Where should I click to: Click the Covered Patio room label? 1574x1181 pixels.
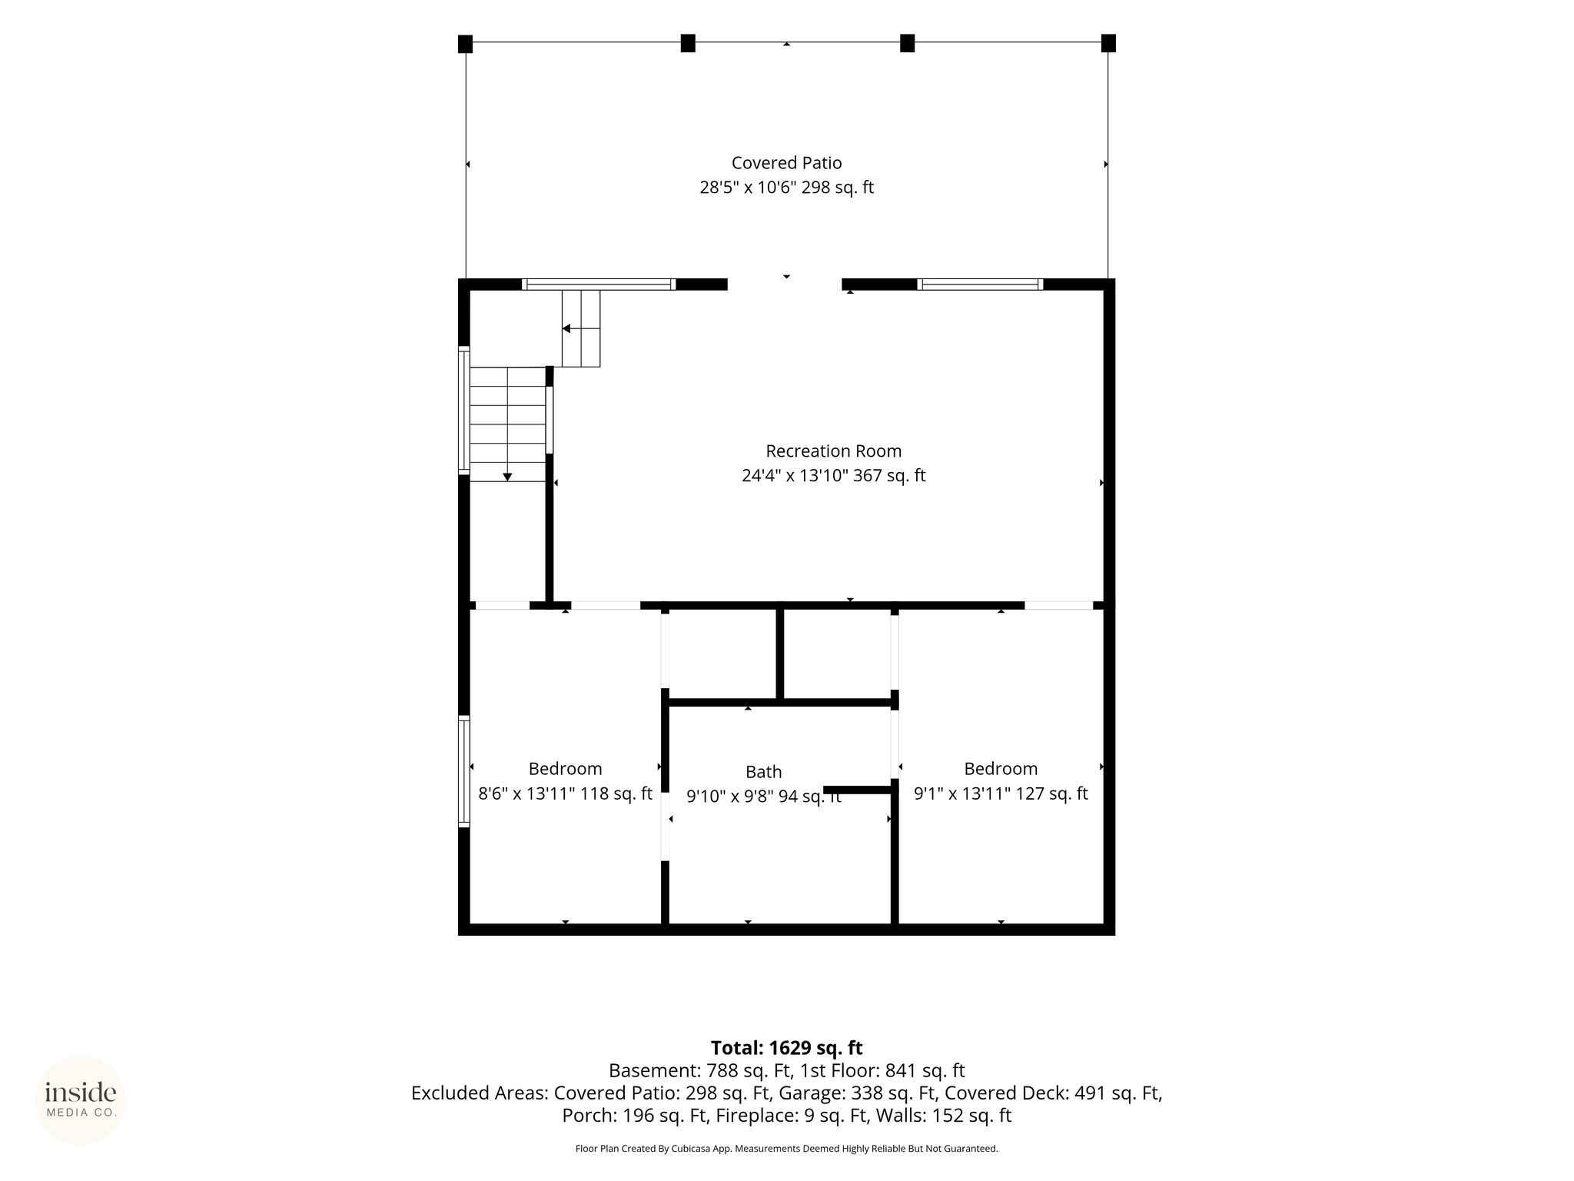[786, 163]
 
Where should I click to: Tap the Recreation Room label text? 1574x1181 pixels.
[833, 451]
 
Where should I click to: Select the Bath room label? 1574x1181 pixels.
[763, 772]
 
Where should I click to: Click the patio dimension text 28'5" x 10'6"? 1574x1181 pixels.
[748, 188]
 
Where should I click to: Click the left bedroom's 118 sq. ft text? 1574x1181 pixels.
[616, 793]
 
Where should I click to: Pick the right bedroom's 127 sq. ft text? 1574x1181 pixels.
[1051, 793]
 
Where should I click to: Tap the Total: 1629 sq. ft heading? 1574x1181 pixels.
[786, 1048]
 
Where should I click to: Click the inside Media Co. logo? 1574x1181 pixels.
[81, 1099]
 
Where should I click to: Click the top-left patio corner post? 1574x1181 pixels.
[465, 44]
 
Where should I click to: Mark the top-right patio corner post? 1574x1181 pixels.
[1108, 43]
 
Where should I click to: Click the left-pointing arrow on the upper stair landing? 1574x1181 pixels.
[566, 329]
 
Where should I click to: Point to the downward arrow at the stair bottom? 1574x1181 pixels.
[507, 477]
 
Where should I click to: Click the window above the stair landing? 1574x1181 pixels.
[599, 284]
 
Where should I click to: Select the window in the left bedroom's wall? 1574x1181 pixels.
[464, 771]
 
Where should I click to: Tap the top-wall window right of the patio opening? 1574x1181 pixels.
[980, 284]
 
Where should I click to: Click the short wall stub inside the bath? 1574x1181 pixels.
[857, 790]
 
